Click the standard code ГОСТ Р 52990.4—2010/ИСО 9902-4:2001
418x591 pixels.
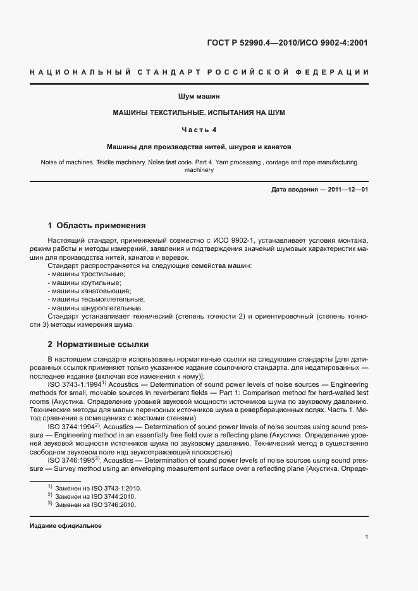[286, 44]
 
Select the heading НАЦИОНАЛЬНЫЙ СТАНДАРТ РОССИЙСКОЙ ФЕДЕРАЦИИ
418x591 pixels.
[199, 73]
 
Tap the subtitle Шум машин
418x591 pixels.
[199, 97]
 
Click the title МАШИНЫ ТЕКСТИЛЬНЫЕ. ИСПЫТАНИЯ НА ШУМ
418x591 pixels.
[199, 113]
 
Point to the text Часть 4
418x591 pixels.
[199, 130]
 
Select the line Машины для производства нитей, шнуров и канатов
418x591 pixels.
[199, 146]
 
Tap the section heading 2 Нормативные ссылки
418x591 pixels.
[98, 344]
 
